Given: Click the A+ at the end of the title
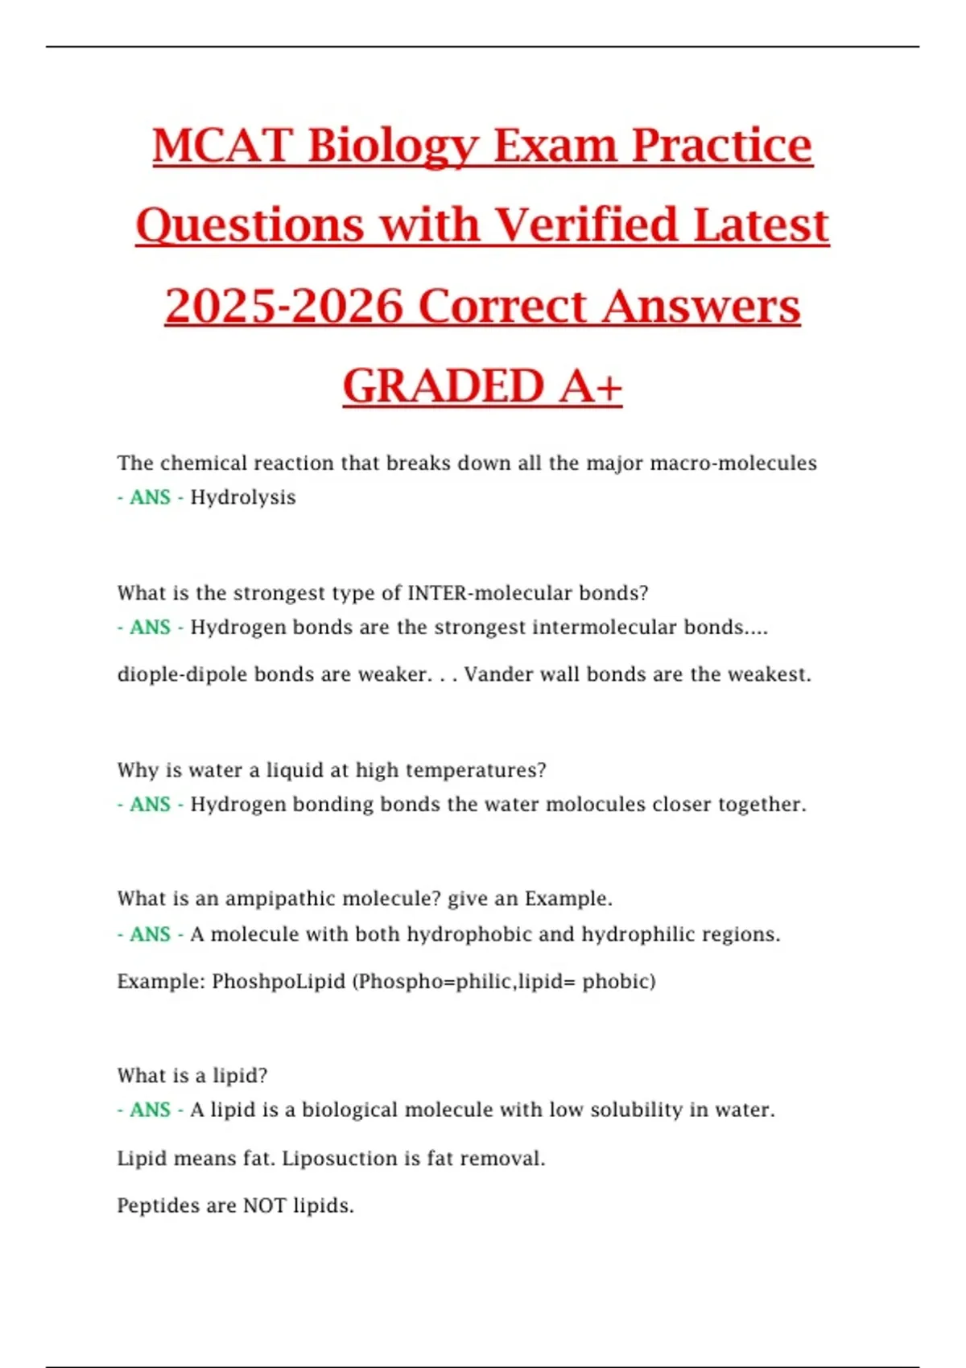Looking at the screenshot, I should click(591, 385).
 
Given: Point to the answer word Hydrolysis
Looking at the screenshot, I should click(243, 497).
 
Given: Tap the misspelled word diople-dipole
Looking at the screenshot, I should click(183, 674).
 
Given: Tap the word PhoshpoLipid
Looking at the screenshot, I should click(279, 982).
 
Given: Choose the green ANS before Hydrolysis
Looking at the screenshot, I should click(150, 497).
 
